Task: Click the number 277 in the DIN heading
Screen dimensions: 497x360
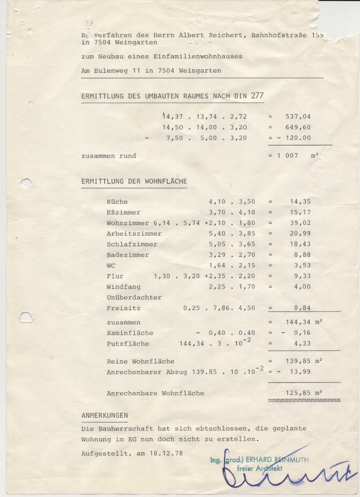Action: coord(257,95)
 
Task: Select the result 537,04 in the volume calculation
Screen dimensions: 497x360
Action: coord(298,117)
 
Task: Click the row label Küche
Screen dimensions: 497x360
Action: coord(117,202)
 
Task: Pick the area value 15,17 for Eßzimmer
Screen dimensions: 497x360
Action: coord(300,212)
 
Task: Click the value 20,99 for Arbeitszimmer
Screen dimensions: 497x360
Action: coord(300,234)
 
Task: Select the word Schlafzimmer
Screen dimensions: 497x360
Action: coord(132,244)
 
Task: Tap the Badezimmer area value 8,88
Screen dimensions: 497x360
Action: coord(302,255)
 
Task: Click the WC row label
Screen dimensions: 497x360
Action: coord(111,265)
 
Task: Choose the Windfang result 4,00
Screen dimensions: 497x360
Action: coord(302,286)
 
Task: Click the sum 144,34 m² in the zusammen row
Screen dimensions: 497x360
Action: coord(304,322)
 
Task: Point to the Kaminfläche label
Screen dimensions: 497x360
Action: coord(130,333)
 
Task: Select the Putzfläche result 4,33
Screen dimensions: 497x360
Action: coord(302,344)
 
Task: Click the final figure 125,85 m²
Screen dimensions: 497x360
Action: coord(304,393)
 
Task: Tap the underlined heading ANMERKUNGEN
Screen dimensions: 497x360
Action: coord(105,415)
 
